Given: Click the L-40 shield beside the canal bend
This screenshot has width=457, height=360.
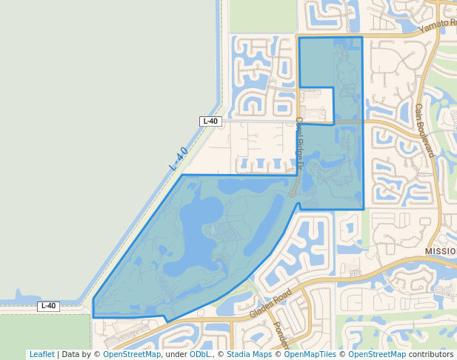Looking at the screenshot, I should pos(210,121).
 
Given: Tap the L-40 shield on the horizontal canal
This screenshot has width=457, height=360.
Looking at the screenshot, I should pos(48,306).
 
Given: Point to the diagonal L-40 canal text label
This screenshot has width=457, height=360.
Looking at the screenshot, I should pos(179,159).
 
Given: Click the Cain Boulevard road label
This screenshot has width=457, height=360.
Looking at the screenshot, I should pos(423,130).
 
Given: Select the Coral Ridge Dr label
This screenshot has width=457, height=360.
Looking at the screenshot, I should pos(299,140).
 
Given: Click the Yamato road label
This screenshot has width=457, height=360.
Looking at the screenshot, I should pos(437,26).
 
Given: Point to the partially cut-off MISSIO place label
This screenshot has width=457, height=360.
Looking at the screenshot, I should pos(441,252).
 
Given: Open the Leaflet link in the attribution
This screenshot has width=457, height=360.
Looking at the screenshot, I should pos(41,354).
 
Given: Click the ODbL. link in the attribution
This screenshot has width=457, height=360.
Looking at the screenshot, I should pos(201,354).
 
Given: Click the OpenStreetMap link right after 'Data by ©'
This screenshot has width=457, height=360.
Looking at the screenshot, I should pos(132,354).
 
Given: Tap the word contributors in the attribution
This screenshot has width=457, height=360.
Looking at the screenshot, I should pos(431,354).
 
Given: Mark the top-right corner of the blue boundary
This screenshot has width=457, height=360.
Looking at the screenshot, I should pos(362,37).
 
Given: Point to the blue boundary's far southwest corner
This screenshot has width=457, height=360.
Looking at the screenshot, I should pos(93,317).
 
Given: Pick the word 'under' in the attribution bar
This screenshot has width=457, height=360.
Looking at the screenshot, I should pos(176,354).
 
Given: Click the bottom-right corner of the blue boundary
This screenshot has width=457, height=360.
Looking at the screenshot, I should pos(363,209).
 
